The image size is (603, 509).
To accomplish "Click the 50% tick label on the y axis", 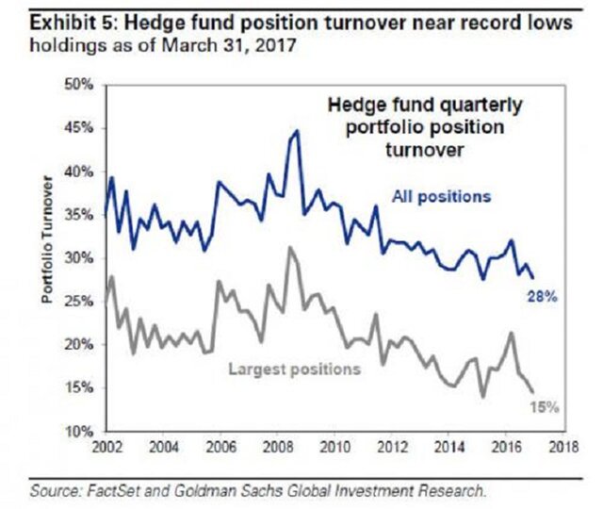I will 79,86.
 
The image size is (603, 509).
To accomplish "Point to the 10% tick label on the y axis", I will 79,431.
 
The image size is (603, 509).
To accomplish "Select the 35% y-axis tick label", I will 79,215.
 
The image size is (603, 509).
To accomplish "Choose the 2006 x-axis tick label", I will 221,446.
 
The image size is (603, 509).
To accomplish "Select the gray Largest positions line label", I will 294,369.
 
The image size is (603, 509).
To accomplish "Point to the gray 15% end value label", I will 546,408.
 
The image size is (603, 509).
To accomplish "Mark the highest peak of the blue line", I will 297,131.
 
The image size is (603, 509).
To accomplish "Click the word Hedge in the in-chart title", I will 352,107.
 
